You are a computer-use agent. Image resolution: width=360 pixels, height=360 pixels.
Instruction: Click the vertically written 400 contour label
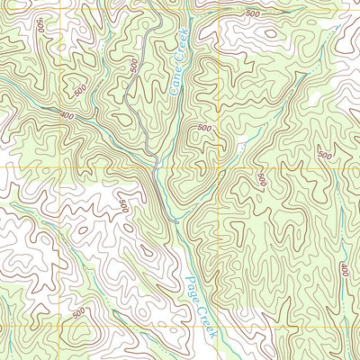345,270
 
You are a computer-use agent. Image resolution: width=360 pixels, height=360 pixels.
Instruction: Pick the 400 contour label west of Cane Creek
67,114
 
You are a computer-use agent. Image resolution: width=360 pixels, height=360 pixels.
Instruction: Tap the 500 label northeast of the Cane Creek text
251,14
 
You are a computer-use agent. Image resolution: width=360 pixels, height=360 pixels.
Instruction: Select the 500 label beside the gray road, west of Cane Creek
134,67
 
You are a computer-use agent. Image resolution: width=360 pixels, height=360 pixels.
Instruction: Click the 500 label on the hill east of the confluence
204,129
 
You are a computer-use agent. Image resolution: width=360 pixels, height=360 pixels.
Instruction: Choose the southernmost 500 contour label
79,312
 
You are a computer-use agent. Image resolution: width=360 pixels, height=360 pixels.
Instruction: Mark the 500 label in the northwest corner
41,24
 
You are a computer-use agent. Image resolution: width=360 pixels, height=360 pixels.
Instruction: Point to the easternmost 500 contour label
322,156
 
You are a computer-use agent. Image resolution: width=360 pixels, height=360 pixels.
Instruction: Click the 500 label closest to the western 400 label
79,90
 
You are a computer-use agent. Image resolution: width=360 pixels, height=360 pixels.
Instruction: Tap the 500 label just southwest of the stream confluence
123,206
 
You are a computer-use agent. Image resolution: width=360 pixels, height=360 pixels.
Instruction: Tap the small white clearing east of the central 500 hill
240,145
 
